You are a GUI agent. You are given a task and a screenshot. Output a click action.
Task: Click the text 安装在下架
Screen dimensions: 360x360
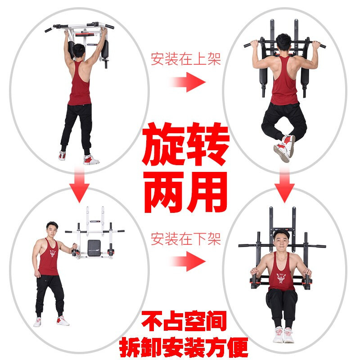pos(185,238)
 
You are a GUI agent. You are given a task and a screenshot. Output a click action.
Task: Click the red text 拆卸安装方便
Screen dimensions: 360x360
pos(184,346)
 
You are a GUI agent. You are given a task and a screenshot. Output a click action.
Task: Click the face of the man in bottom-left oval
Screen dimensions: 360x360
pos(52,230)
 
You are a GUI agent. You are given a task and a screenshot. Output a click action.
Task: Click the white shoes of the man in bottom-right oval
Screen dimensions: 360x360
pos(283,335)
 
